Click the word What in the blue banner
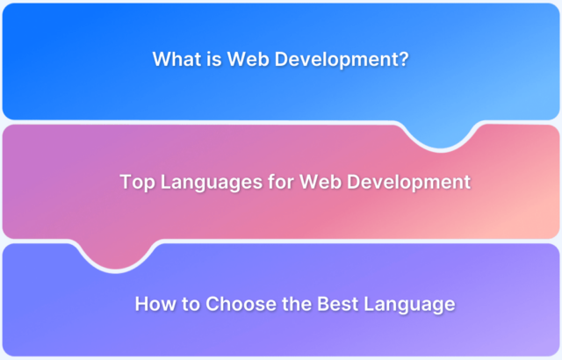point(177,59)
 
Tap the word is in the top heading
point(214,59)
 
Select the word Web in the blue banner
point(249,59)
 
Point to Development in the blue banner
point(337,60)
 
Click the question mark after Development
point(405,59)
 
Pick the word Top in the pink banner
point(137,183)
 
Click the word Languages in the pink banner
point(212,183)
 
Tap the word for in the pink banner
point(281,182)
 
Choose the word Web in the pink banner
point(321,182)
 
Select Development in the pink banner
point(408,183)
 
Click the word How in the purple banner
point(155,304)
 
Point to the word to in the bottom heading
point(191,304)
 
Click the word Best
point(337,304)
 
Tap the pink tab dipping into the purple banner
point(116,256)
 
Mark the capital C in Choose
point(213,304)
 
